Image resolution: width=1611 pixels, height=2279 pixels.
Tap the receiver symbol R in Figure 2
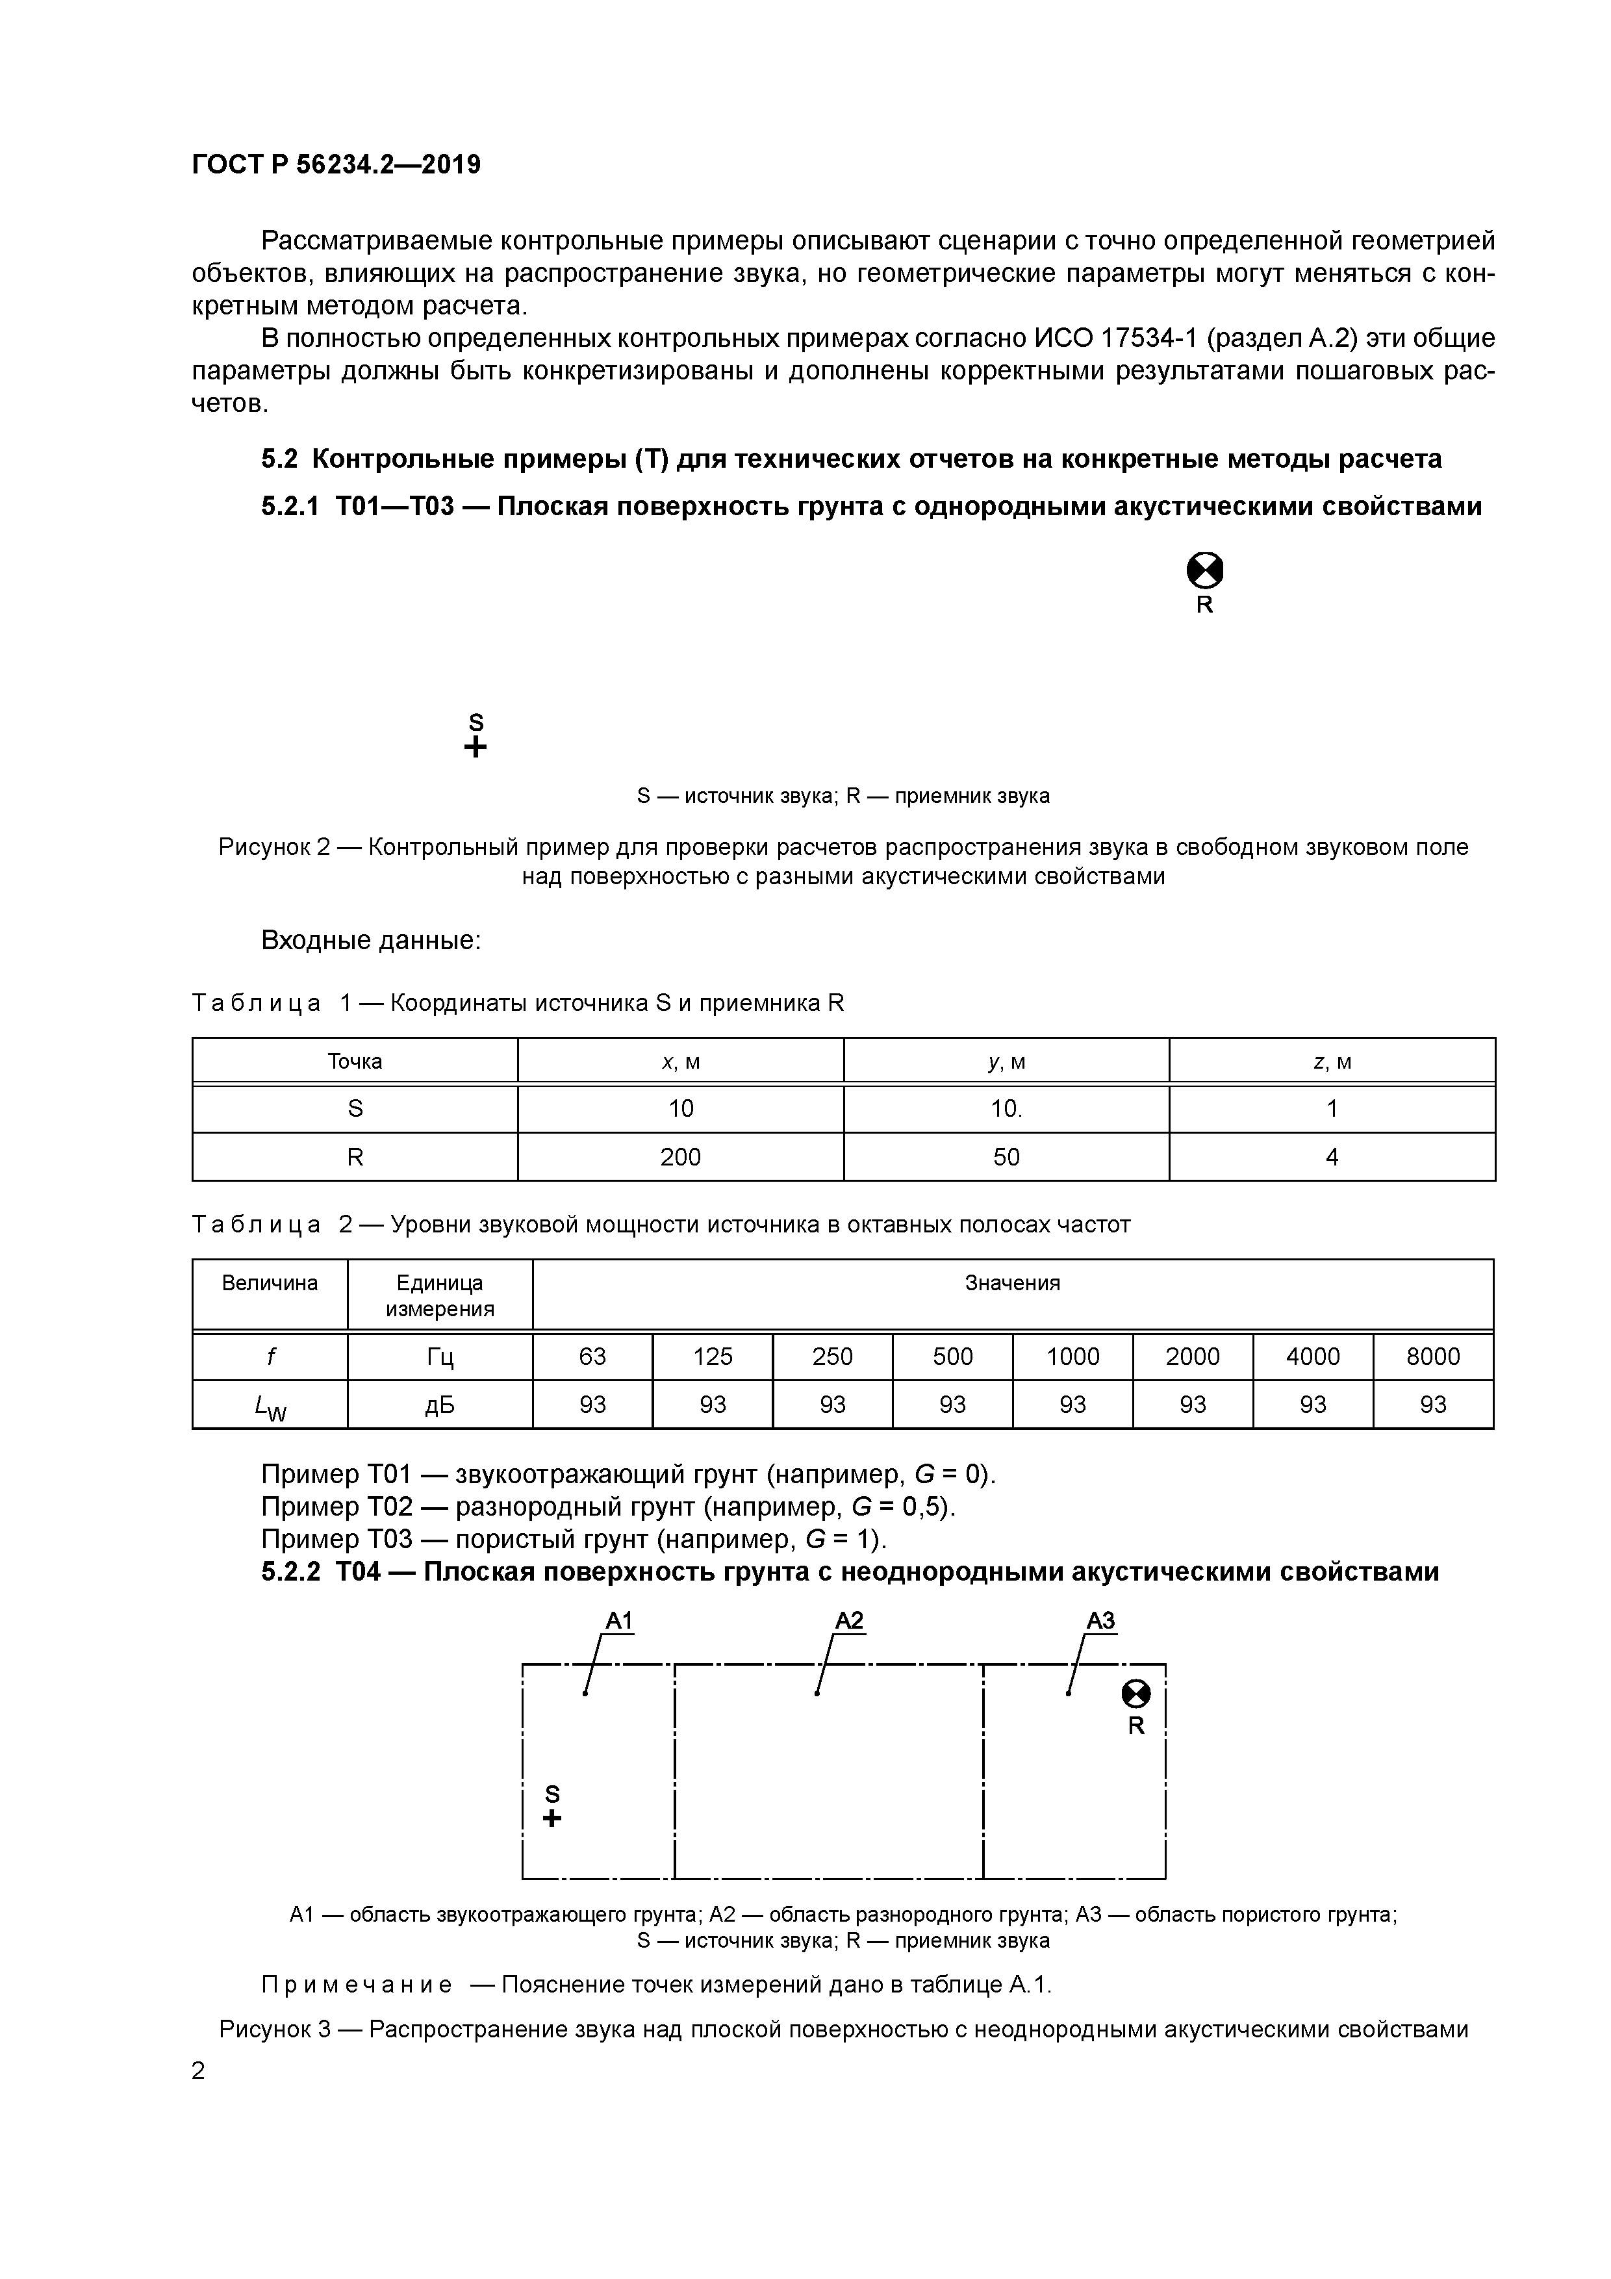point(1204,572)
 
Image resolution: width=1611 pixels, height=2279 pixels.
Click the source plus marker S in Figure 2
point(476,747)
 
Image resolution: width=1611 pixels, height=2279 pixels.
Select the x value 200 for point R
point(680,1156)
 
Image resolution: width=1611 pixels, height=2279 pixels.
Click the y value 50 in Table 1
point(1006,1156)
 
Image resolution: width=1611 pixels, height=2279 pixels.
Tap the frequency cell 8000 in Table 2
point(1432,1356)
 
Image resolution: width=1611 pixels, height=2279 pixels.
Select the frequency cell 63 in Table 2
point(592,1356)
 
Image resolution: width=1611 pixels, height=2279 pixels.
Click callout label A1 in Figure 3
point(619,1621)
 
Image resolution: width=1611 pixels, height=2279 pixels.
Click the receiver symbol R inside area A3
point(1135,1694)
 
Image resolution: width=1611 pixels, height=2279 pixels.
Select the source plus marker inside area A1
point(553,1818)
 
